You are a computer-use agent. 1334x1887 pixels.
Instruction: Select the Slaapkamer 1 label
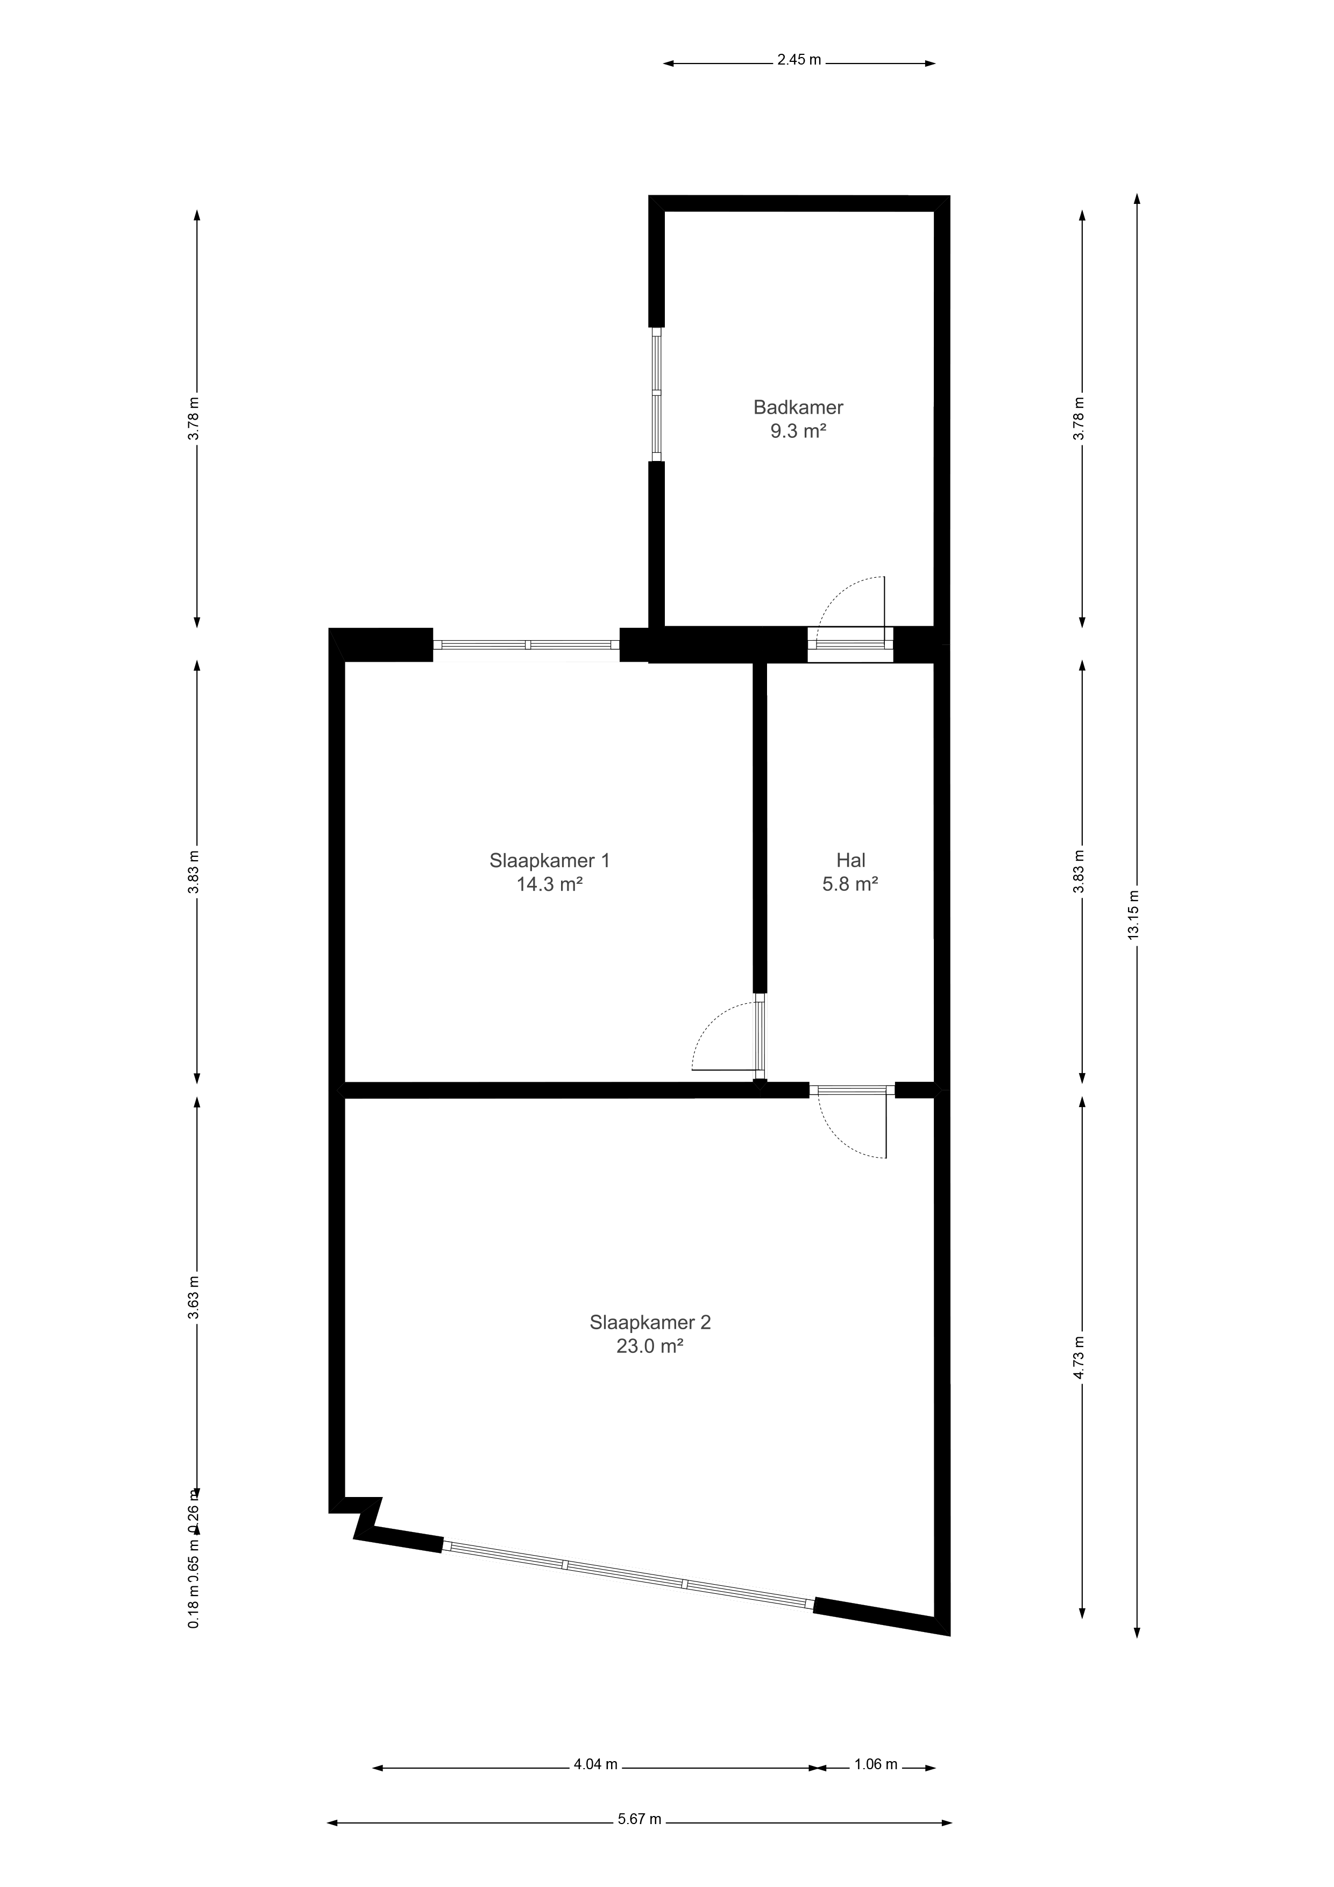549,861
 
